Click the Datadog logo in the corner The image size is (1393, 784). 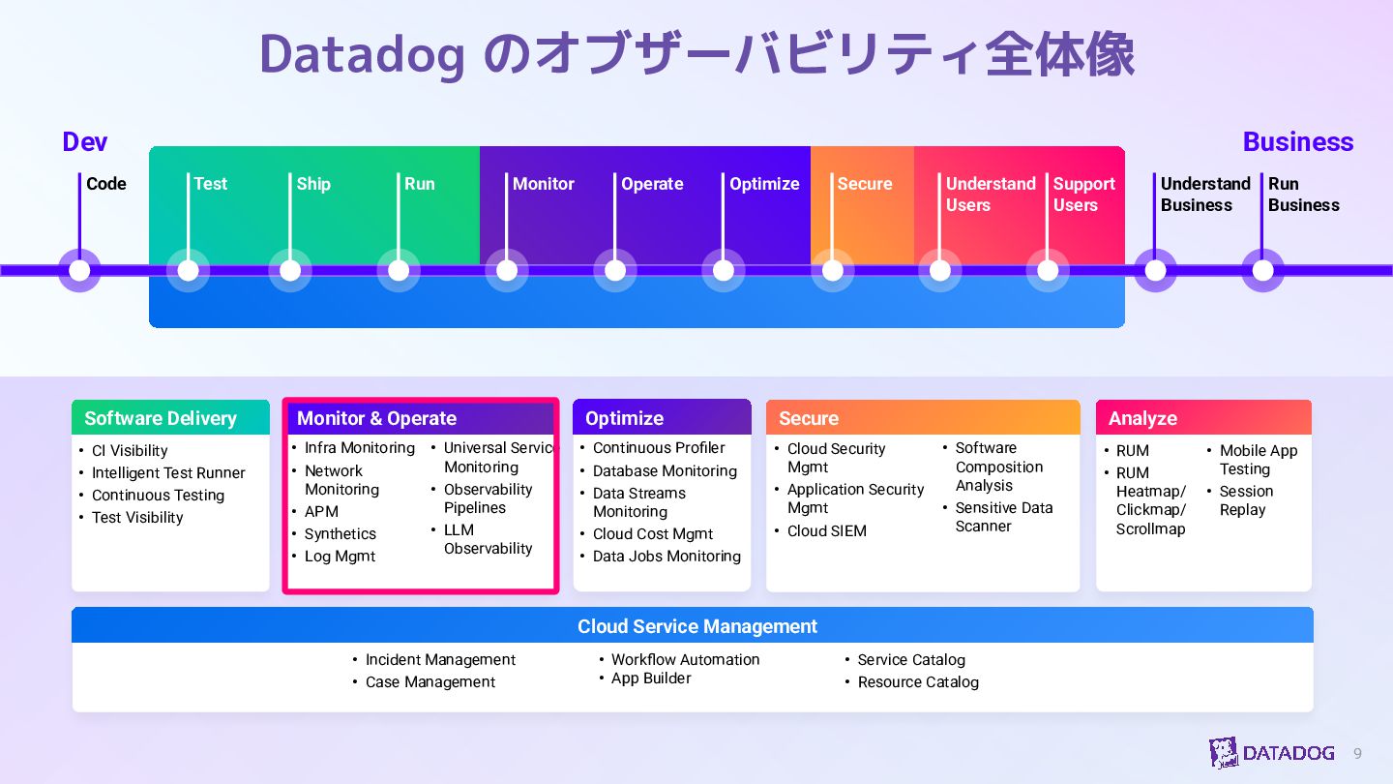pos(1271,752)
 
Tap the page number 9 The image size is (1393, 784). pos(1357,753)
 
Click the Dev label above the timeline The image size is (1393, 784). pos(85,142)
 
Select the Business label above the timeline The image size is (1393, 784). pos(1297,142)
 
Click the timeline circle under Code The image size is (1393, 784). pos(79,270)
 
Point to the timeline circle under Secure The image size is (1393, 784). pos(832,270)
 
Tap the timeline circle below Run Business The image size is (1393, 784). pos(1262,270)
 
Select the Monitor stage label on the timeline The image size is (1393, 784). pos(543,184)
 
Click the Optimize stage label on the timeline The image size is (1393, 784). pos(764,184)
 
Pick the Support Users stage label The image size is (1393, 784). pos(1083,195)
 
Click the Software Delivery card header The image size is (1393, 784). pos(170,418)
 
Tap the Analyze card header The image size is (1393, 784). pos(1203,418)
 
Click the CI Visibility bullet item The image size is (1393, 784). pos(130,451)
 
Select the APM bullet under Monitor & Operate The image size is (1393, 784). pos(321,512)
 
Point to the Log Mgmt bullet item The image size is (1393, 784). pos(340,557)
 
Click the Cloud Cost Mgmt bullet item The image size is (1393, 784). pos(653,534)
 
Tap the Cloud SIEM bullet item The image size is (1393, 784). pos(826,531)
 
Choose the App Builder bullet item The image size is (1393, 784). pos(651,678)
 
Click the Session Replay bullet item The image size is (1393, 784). pos(1246,500)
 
